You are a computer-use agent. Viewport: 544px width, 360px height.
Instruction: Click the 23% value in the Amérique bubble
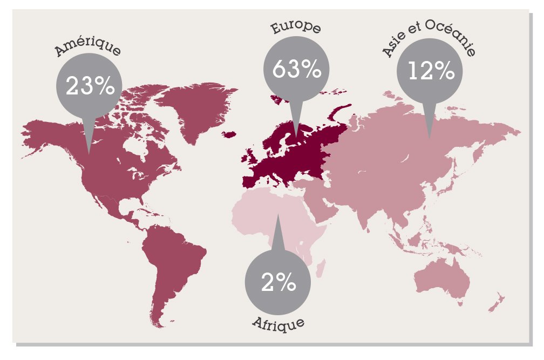(90, 86)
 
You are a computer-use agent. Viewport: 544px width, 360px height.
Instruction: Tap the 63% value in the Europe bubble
(296, 69)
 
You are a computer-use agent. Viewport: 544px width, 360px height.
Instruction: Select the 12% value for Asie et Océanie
(430, 71)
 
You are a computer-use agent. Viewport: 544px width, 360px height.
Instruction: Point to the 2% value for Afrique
(278, 283)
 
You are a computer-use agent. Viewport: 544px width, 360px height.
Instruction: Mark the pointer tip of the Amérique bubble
(90, 153)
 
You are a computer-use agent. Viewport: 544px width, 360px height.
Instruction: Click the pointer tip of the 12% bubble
(430, 139)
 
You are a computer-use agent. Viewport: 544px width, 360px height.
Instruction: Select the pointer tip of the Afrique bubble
(278, 215)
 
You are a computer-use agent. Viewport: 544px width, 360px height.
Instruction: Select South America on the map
(173, 264)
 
